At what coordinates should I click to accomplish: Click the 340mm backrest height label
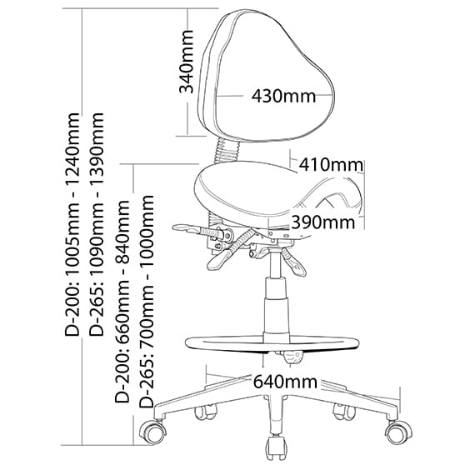[x=186, y=62]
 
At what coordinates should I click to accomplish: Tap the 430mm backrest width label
[x=283, y=96]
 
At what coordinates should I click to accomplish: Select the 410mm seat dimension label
[x=331, y=164]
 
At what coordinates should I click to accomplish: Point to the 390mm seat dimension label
[x=322, y=222]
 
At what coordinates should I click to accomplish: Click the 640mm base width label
[x=285, y=382]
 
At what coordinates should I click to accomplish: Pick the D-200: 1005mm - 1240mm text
[x=72, y=224]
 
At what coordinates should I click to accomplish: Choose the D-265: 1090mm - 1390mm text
[x=97, y=224]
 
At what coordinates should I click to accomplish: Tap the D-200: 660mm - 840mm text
[x=122, y=301]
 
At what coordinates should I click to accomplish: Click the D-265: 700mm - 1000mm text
[x=147, y=301]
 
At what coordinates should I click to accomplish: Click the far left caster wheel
[x=153, y=432]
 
